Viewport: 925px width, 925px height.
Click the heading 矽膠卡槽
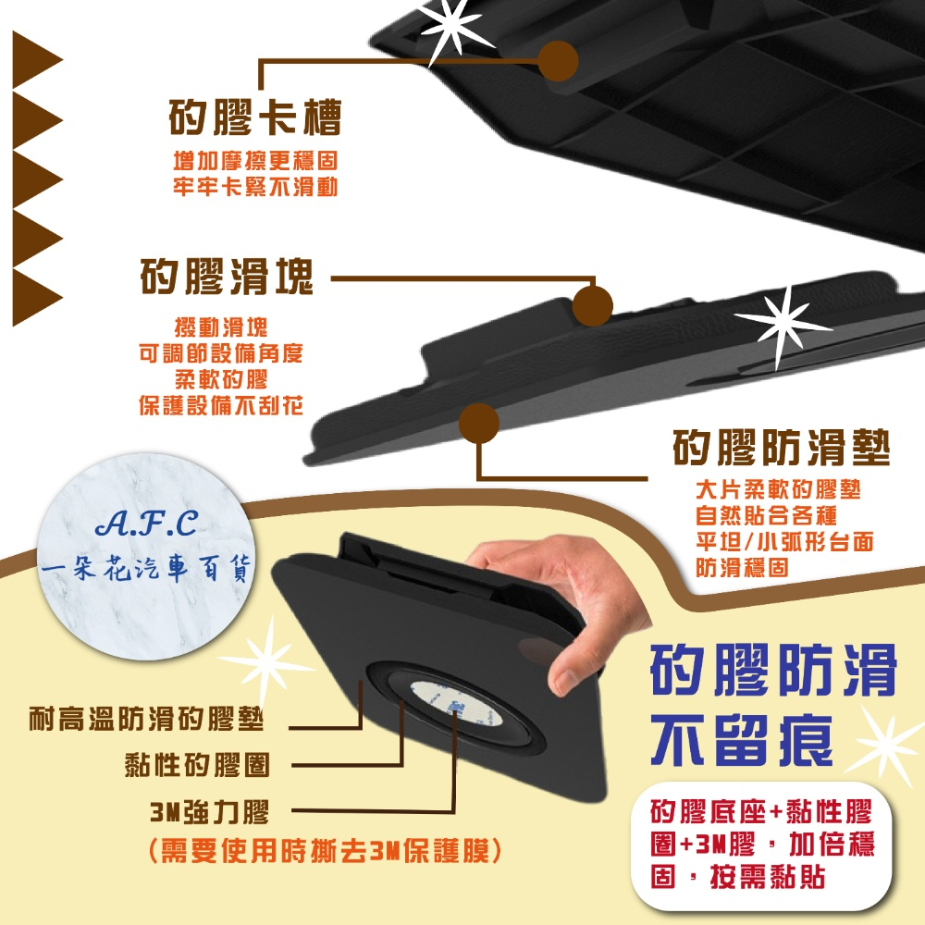pyautogui.click(x=255, y=117)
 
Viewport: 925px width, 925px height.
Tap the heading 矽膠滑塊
pyautogui.click(x=227, y=277)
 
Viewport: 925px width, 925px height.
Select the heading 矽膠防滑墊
pyautogui.click(x=781, y=448)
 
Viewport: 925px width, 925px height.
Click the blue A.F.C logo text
pyautogui.click(x=147, y=524)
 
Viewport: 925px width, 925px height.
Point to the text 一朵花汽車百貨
pyautogui.click(x=146, y=568)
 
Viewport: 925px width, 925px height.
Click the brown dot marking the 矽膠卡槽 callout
pyautogui.click(x=558, y=61)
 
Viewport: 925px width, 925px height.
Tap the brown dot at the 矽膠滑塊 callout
pyautogui.click(x=593, y=305)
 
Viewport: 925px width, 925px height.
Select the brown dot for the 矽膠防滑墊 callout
pyautogui.click(x=479, y=423)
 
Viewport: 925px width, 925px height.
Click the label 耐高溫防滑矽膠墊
pyautogui.click(x=146, y=719)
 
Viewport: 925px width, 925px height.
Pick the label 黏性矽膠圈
pyautogui.click(x=197, y=765)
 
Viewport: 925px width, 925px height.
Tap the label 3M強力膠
pyautogui.click(x=210, y=812)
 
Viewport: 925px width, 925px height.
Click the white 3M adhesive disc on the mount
pyautogui.click(x=456, y=704)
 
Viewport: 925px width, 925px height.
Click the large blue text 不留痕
pyautogui.click(x=742, y=740)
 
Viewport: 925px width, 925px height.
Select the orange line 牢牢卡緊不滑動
pyautogui.click(x=255, y=187)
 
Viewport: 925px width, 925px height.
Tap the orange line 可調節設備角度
pyautogui.click(x=221, y=353)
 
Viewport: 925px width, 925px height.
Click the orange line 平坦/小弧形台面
pyautogui.click(x=784, y=541)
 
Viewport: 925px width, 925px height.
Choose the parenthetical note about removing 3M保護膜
pyautogui.click(x=325, y=851)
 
